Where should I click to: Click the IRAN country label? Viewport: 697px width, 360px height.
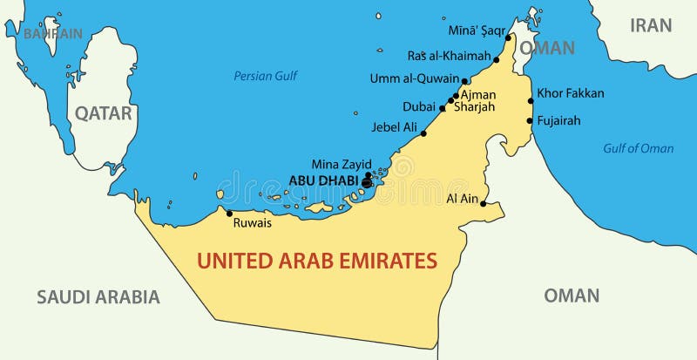(651, 24)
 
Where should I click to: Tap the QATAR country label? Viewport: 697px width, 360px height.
(103, 112)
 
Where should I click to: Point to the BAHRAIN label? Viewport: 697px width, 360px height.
(52, 33)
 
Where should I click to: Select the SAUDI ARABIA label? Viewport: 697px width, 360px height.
(98, 296)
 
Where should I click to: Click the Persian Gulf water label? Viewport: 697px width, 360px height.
(266, 76)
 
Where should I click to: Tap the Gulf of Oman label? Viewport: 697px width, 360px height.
(639, 148)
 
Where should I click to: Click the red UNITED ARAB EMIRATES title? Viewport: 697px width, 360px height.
(316, 259)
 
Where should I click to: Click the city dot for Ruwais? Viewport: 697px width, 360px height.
(229, 213)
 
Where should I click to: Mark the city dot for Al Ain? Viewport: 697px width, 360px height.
(484, 204)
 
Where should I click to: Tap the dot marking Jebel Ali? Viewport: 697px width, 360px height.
(423, 133)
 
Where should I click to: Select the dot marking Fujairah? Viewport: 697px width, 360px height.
(531, 121)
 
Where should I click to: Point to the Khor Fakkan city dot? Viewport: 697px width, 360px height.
(531, 101)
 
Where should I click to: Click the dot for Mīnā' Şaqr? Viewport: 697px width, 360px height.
(508, 38)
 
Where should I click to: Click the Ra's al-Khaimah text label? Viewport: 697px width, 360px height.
(449, 56)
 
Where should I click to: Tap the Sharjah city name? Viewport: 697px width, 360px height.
(473, 106)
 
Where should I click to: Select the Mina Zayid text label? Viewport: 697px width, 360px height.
(342, 163)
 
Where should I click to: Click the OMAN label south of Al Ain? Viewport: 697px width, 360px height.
(572, 295)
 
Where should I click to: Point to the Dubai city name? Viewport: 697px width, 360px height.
(418, 106)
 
